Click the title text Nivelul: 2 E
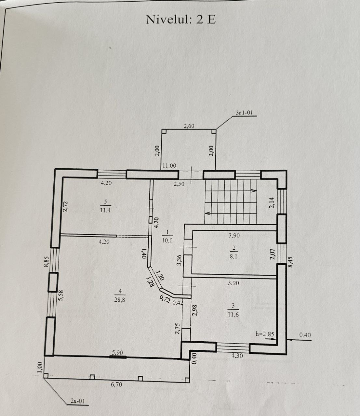[180, 20]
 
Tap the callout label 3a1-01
[244, 112]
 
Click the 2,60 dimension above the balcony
[189, 126]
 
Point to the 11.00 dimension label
[169, 166]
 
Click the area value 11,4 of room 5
[105, 211]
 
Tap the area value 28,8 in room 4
[120, 300]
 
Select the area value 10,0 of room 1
[167, 240]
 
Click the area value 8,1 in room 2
[233, 257]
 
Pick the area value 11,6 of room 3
[233, 314]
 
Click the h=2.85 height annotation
[265, 334]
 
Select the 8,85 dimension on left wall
[46, 261]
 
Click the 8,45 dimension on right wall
[290, 262]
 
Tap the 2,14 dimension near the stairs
[272, 202]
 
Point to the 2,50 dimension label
[179, 184]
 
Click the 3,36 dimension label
[179, 260]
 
